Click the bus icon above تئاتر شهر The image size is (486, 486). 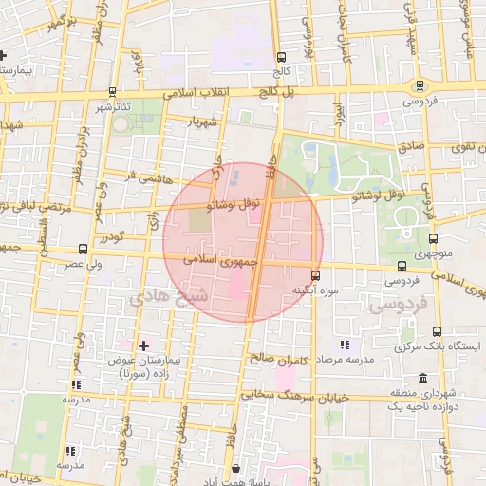113,92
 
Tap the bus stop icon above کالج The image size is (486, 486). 280,57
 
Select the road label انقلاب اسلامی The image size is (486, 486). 191,96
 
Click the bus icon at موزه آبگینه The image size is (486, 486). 316,275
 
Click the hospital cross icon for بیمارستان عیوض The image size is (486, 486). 143,346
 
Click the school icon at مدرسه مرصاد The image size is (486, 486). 344,346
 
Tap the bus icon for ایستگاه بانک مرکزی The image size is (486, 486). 436,331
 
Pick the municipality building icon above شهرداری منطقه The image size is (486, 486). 421,378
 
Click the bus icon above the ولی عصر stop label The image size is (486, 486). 83,250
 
